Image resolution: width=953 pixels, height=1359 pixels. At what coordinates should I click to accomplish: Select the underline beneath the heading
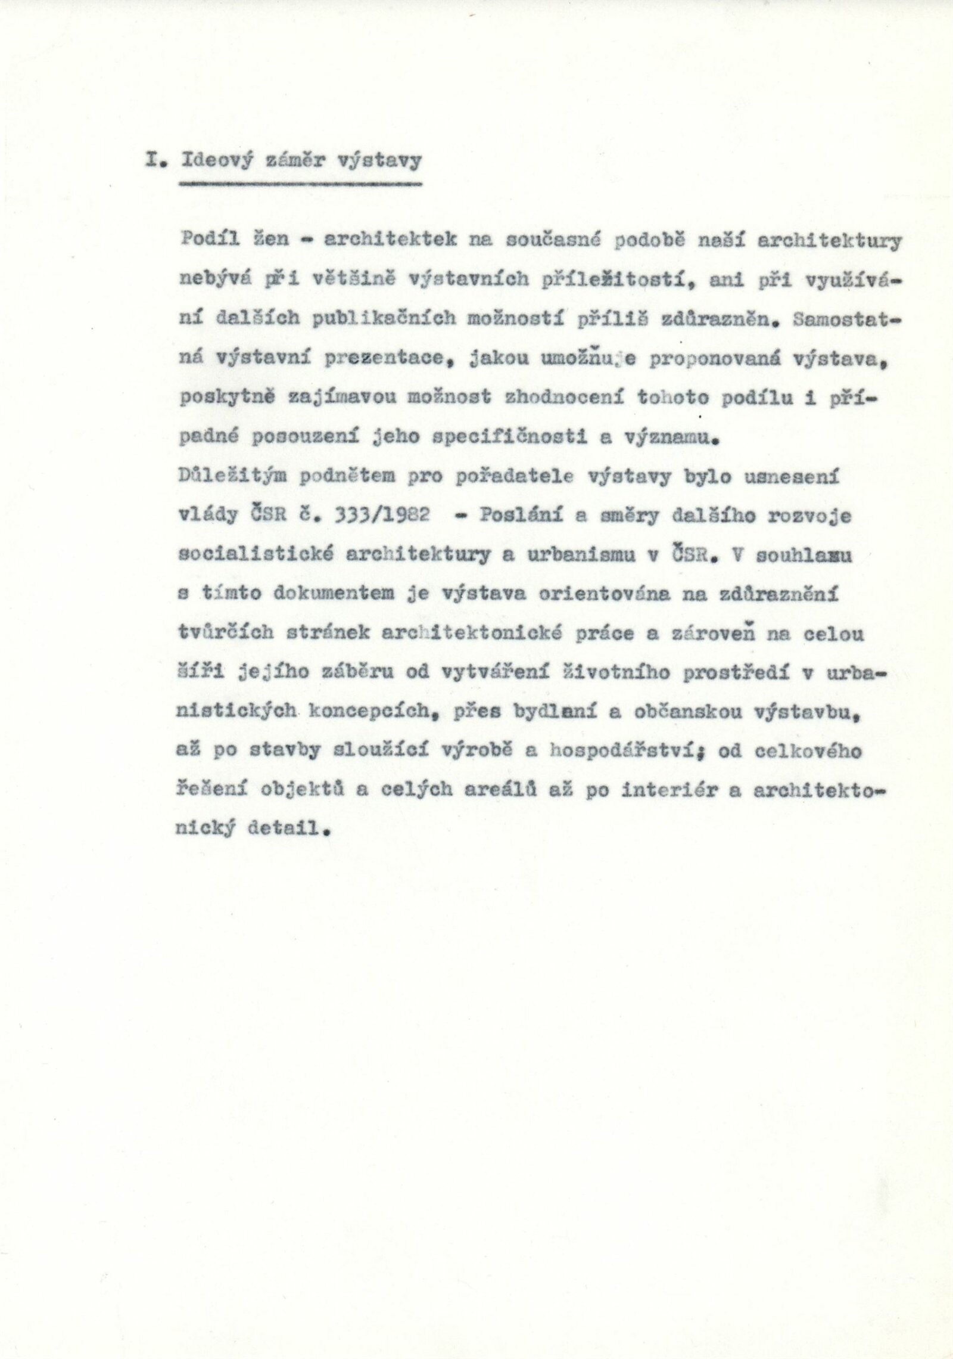coord(300,184)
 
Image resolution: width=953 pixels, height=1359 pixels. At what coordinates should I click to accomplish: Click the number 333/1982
coord(387,514)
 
